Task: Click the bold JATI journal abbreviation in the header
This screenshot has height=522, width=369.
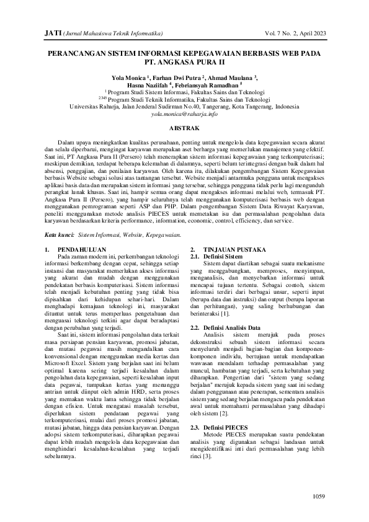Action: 53,32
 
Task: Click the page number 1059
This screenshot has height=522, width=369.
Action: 318,496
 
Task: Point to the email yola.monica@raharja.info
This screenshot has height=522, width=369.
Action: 184,114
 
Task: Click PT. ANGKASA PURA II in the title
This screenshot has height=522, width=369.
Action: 184,63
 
